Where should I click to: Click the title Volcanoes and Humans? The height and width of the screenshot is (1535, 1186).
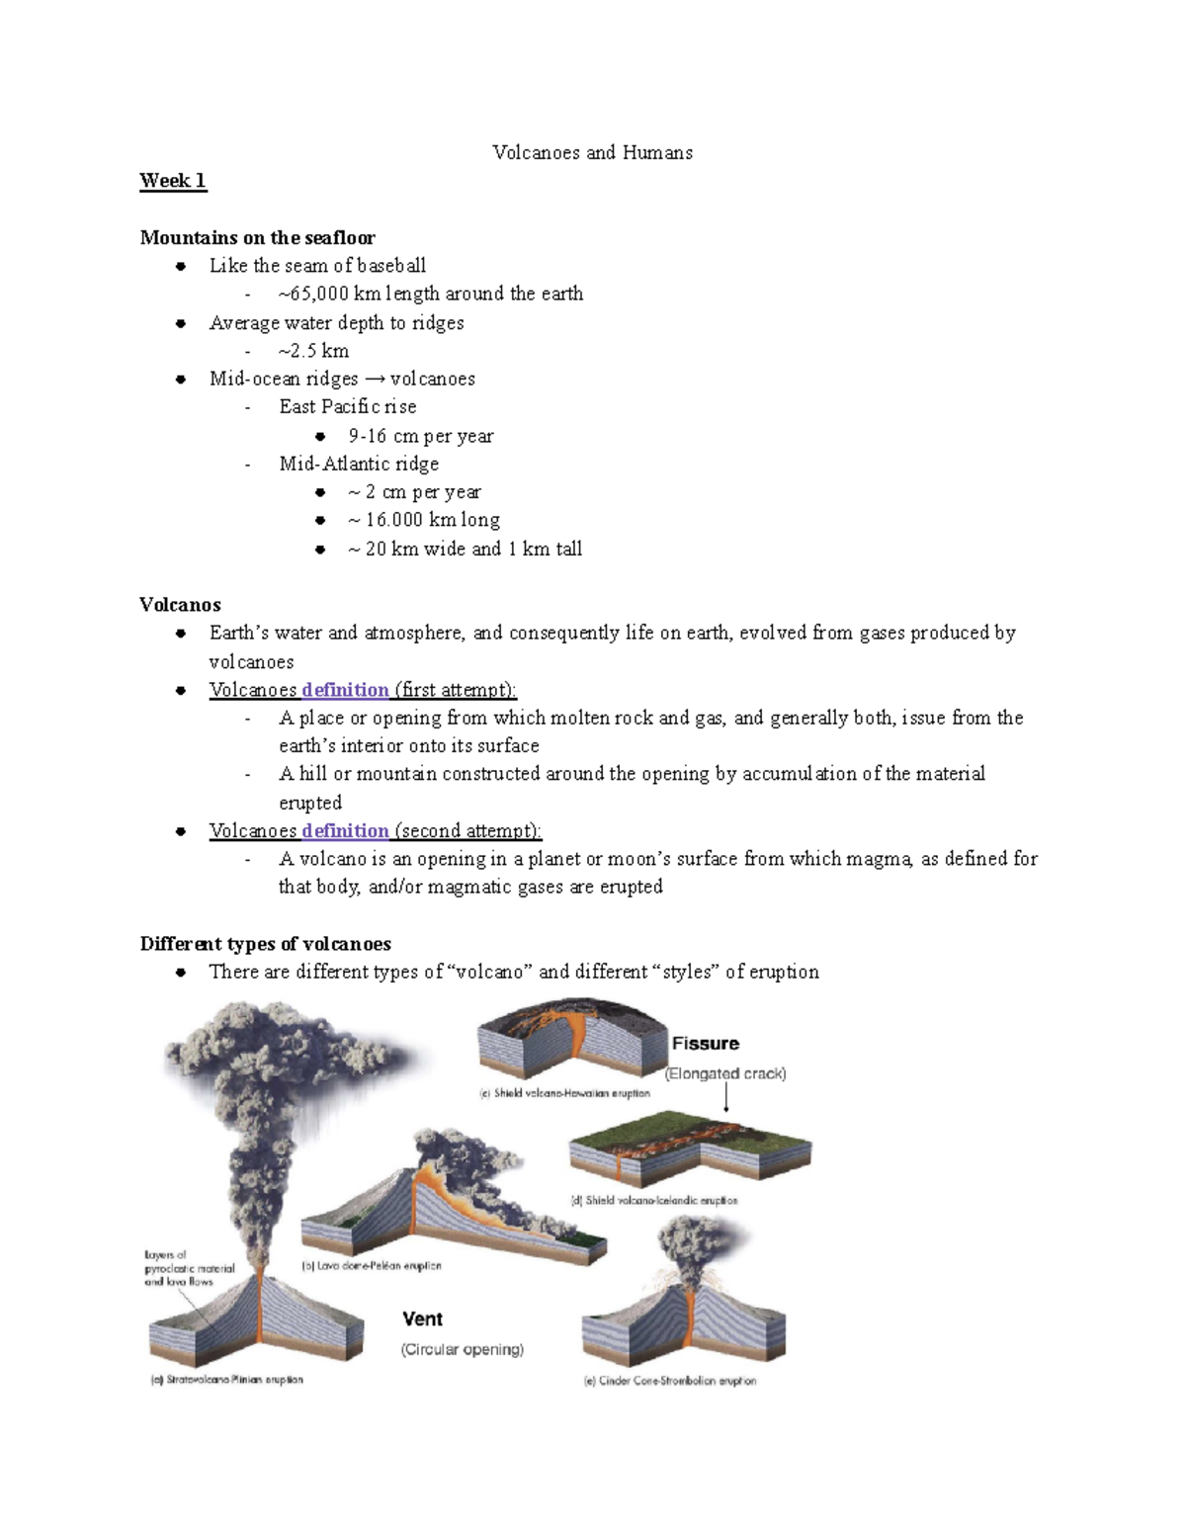(x=592, y=152)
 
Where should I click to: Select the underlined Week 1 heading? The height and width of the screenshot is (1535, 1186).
(x=173, y=181)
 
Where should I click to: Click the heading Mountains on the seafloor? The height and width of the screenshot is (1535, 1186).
(x=257, y=237)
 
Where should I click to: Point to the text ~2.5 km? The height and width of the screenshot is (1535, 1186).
(x=313, y=351)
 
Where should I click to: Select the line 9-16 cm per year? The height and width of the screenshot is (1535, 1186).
(x=420, y=436)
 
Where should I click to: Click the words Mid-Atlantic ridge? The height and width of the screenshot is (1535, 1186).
(x=359, y=464)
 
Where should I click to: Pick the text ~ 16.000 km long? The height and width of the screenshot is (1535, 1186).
(x=423, y=520)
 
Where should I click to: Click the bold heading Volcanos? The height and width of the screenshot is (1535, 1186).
(x=180, y=605)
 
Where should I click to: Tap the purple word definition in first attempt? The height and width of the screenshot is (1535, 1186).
(x=345, y=690)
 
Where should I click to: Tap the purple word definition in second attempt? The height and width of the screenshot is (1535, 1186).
(x=345, y=831)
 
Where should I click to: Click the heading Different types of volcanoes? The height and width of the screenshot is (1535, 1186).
(x=265, y=944)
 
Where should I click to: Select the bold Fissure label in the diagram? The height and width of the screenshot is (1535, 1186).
(x=705, y=1044)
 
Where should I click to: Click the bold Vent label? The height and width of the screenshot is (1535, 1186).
(x=422, y=1320)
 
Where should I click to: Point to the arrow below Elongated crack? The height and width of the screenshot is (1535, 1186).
(x=726, y=1097)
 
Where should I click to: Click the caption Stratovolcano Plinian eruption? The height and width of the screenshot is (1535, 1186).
(x=227, y=1380)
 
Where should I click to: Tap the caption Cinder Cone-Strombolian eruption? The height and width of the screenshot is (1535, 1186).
(x=670, y=1381)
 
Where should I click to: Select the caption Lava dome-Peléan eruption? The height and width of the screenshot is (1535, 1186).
(x=372, y=1266)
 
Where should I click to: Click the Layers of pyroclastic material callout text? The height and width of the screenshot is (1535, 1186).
(x=189, y=1268)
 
